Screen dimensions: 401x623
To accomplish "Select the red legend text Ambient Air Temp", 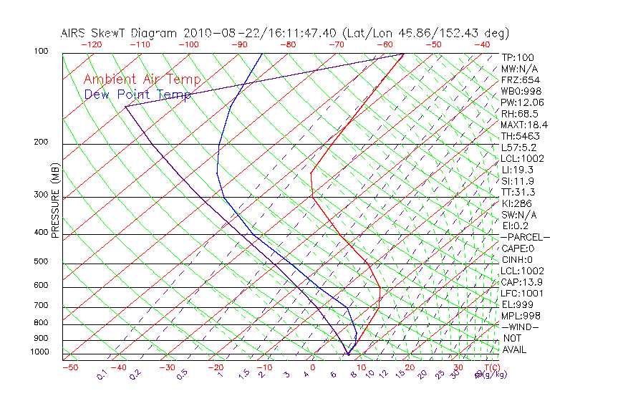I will pyautogui.click(x=142, y=80).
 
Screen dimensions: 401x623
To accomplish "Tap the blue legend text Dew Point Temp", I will pyautogui.click(x=137, y=95).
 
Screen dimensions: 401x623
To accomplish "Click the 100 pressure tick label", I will pyautogui.click(x=40, y=52).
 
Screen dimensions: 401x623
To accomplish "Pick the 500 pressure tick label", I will pyautogui.click(x=40, y=262).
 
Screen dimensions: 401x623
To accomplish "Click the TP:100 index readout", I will pyautogui.click(x=517, y=58).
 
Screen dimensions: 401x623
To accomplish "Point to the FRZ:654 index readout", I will pyautogui.click(x=520, y=80).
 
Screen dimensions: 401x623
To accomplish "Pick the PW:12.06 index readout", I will pyautogui.click(x=522, y=102).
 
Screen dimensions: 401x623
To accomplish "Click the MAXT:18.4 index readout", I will pyautogui.click(x=525, y=125).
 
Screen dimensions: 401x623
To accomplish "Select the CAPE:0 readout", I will pyautogui.click(x=518, y=248).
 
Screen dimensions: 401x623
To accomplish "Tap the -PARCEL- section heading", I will pyautogui.click(x=525, y=237).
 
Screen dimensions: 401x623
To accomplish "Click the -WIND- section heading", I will pyautogui.click(x=520, y=327).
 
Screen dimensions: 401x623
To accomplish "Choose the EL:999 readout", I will pyautogui.click(x=517, y=304).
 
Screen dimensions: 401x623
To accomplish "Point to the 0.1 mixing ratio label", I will pyautogui.click(x=102, y=375).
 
